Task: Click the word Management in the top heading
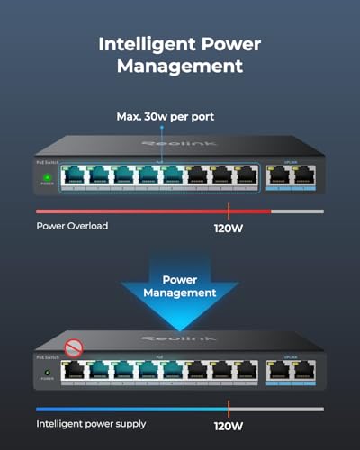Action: pos(180,66)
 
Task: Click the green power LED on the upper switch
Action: pos(46,176)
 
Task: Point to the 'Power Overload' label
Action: pos(72,226)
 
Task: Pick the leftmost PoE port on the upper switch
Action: pos(71,175)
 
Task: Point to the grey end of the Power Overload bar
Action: pos(297,211)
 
